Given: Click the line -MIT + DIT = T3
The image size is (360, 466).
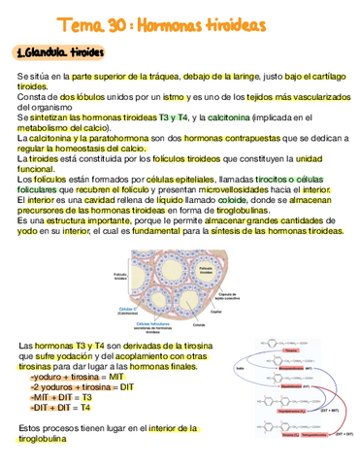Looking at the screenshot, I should point(60,397).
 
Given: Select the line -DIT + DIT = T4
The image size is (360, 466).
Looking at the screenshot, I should point(60,409).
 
